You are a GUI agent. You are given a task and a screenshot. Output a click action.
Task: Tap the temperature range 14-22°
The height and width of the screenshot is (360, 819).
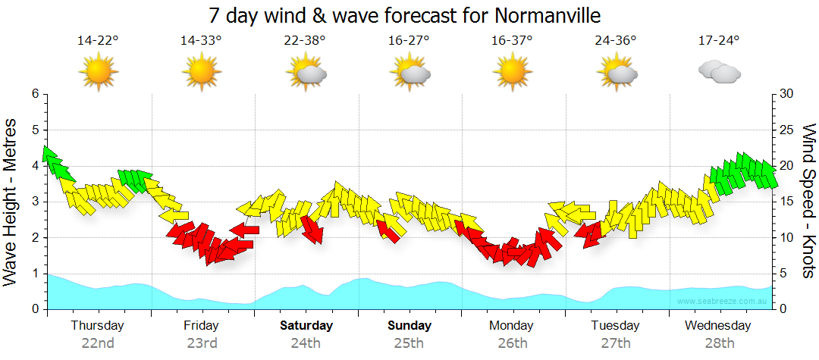pyautogui.click(x=98, y=41)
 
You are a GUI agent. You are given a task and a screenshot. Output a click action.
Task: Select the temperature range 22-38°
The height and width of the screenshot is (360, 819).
pyautogui.click(x=306, y=41)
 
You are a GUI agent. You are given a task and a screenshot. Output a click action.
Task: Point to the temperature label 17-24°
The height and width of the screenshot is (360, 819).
pyautogui.click(x=719, y=41)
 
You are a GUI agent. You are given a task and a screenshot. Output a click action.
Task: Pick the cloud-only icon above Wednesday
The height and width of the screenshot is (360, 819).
pyautogui.click(x=719, y=72)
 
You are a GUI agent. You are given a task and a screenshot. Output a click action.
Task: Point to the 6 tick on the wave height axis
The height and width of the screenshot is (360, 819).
pyautogui.click(x=35, y=94)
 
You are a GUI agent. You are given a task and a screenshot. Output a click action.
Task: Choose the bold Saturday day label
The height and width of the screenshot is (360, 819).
pyautogui.click(x=306, y=326)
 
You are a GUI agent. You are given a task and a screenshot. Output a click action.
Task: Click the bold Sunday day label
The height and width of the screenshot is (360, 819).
pyautogui.click(x=409, y=326)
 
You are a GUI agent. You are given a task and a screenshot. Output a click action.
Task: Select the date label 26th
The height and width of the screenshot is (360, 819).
pyautogui.click(x=513, y=343)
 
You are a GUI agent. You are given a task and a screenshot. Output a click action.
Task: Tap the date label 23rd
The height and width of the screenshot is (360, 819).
pyautogui.click(x=202, y=343)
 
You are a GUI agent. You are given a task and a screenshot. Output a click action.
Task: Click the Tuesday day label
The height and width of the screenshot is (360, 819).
pyautogui.click(x=616, y=326)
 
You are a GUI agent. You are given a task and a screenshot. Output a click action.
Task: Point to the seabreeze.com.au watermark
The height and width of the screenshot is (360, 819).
pyautogui.click(x=722, y=301)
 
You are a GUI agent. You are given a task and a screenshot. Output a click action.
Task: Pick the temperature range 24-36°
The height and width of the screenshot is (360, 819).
pyautogui.click(x=616, y=41)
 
